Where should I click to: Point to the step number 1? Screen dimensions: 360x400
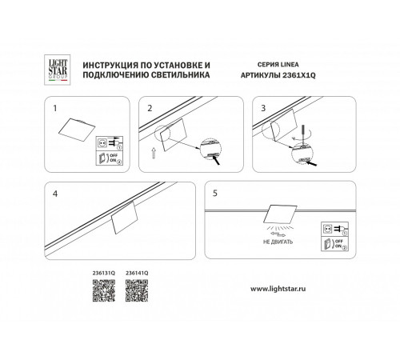54,106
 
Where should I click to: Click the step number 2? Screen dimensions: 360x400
149,106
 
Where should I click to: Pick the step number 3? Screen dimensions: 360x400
262,106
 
